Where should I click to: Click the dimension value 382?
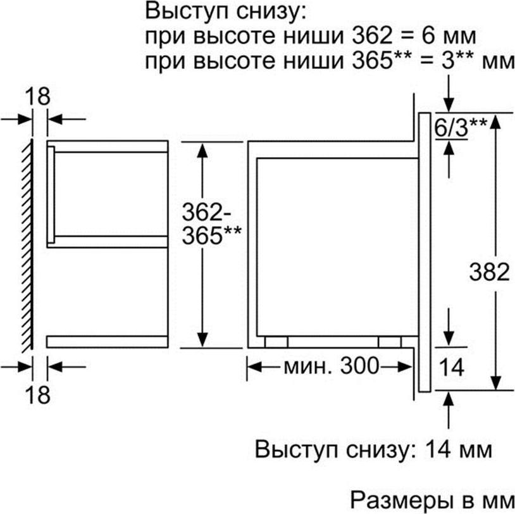click(x=488, y=272)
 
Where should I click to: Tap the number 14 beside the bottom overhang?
click(x=451, y=367)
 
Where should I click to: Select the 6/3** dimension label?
click(x=461, y=127)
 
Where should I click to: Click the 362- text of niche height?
click(x=206, y=212)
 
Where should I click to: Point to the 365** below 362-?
click(x=211, y=235)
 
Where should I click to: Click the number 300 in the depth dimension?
click(x=359, y=366)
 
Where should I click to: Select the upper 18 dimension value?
click(x=37, y=96)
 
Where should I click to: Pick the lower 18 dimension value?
click(x=37, y=394)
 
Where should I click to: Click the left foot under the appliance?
click(x=276, y=341)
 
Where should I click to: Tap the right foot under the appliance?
click(x=390, y=341)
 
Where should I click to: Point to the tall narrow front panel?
click(x=425, y=252)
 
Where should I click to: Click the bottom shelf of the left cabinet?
click(x=107, y=342)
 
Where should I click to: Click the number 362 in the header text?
click(x=372, y=35)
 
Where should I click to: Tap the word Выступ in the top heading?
click(x=188, y=12)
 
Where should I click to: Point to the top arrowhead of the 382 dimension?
click(x=495, y=122)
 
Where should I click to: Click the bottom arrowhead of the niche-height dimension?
click(x=202, y=339)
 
